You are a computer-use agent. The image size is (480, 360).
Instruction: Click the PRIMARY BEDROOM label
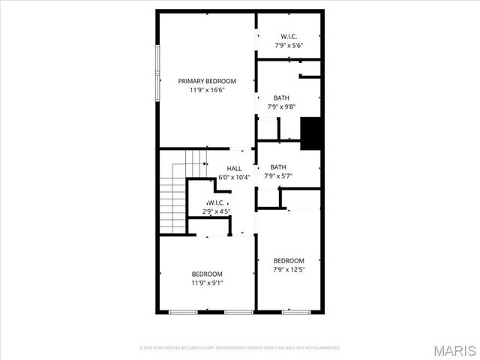pos(207,81)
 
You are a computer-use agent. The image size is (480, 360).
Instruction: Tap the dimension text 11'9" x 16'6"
pos(207,90)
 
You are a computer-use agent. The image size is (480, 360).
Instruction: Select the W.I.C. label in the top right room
pos(289,36)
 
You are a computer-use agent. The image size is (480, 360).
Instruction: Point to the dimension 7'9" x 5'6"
pos(289,45)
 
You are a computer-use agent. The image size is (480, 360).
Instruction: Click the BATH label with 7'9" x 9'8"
pos(281,98)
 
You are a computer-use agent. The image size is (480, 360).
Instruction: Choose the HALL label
pos(234,169)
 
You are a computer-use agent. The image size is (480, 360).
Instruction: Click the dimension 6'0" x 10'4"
pos(234,178)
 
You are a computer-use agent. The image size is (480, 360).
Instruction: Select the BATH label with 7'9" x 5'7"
pos(279,167)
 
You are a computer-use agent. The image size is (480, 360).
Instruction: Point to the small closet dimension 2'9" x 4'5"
pos(217,212)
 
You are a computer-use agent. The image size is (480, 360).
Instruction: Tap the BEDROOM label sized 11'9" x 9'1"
pos(207,274)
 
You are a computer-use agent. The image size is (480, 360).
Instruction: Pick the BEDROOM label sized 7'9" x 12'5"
pos(289,260)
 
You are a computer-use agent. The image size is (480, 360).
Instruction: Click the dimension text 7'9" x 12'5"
pos(289,269)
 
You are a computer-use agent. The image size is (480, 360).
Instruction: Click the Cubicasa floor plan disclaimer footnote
pos(240,348)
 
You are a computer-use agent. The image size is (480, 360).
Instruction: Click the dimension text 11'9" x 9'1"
pos(207,283)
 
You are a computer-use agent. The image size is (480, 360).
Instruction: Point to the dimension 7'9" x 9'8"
pos(281,107)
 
